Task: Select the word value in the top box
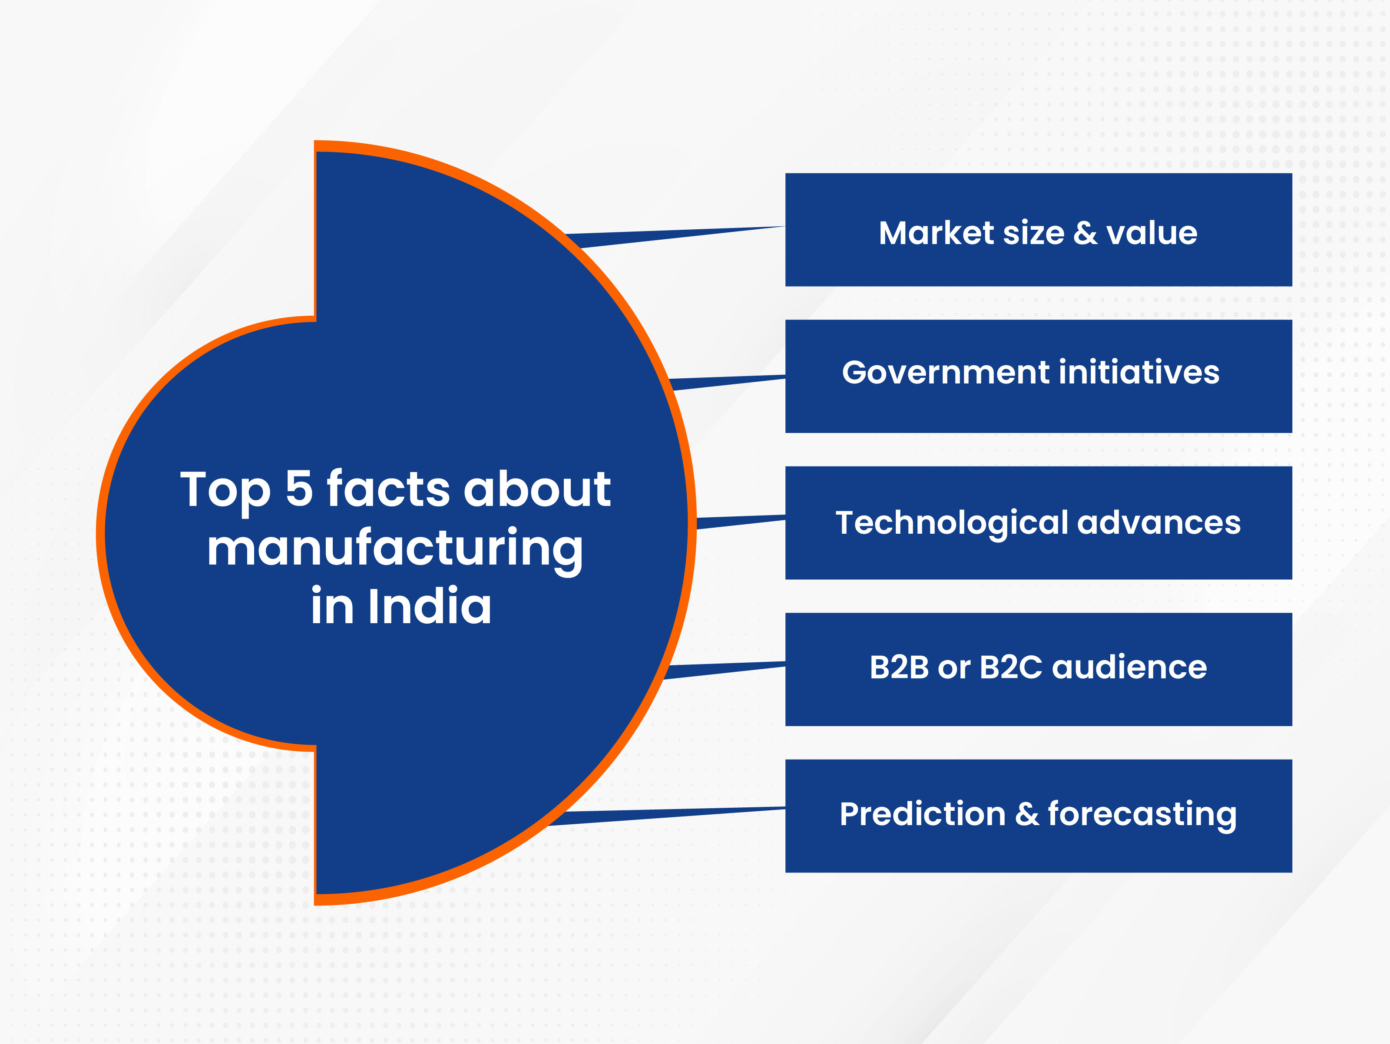[1152, 233]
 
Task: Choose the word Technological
[952, 523]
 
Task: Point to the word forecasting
[1142, 815]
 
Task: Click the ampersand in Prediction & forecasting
[1027, 814]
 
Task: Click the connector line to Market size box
[675, 237]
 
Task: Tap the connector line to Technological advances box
[741, 522]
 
